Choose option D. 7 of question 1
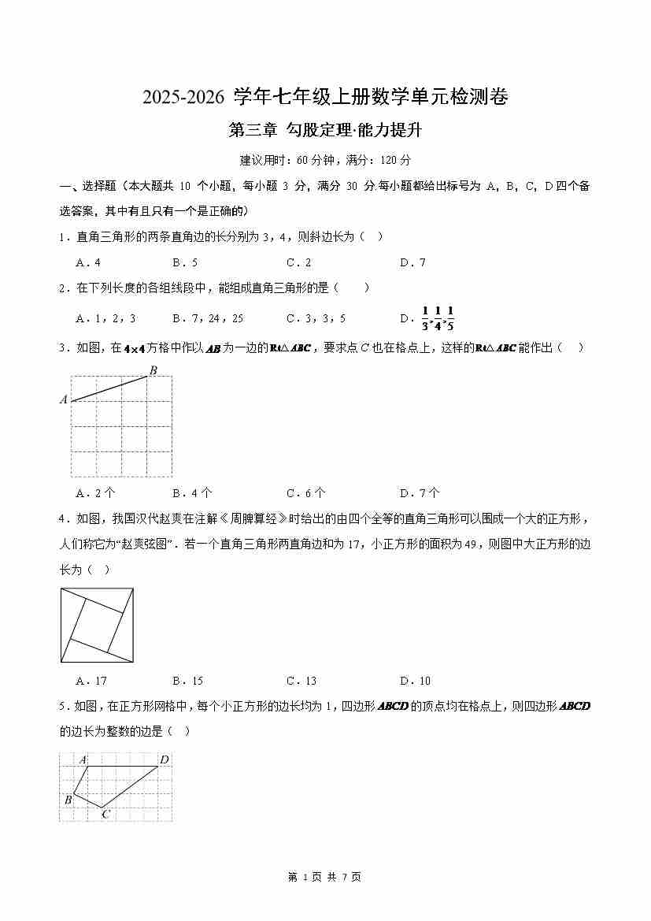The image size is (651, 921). click(x=412, y=263)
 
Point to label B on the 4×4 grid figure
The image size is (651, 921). click(x=153, y=370)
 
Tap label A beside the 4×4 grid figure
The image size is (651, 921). click(x=64, y=400)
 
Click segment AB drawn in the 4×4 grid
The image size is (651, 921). click(x=110, y=388)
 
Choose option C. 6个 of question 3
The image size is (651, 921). click(x=305, y=494)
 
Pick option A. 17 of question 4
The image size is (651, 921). click(x=91, y=681)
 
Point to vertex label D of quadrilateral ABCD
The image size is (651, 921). click(x=164, y=760)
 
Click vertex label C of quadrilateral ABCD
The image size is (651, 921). click(x=105, y=814)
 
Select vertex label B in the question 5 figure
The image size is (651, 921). click(x=68, y=800)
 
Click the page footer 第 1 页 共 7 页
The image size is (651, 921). click(x=325, y=877)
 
